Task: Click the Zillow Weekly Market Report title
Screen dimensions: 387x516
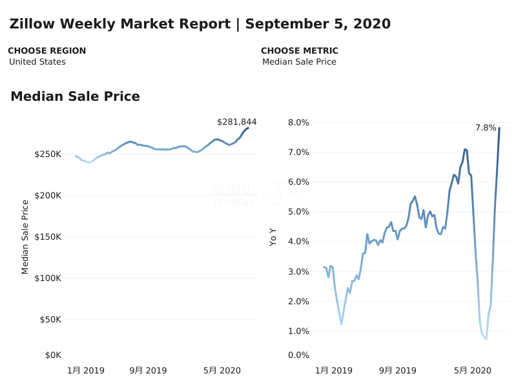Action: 200,25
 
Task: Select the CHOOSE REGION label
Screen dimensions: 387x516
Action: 46,51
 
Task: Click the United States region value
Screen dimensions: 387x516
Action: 37,62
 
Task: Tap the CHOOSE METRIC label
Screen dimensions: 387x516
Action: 299,51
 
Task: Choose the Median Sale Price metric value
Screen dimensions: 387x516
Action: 299,62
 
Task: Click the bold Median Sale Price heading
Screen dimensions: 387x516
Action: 75,97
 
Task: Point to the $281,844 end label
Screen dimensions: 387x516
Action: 236,121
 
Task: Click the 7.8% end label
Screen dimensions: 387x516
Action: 486,128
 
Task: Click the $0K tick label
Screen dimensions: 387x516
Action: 53,355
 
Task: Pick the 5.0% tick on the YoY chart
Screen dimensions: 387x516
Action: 298,212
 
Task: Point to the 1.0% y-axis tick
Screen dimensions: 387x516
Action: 298,331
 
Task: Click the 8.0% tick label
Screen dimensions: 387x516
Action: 298,123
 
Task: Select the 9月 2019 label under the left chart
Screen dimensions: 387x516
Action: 148,371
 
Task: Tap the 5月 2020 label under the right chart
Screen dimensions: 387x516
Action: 472,371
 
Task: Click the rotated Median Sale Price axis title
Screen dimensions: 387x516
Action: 25,236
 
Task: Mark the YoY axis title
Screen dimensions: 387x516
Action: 273,236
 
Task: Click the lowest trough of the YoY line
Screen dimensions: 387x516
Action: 486,339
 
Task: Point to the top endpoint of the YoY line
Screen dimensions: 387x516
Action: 499,128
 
